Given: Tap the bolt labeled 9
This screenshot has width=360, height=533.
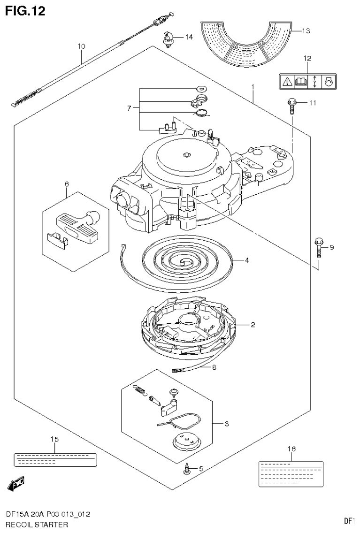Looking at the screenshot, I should coord(319,248).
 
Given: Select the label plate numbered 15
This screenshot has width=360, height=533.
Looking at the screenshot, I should coord(55,459).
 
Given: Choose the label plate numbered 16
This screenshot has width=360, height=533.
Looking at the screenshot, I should coord(291,473).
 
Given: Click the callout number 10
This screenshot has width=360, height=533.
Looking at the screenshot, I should coord(81,46).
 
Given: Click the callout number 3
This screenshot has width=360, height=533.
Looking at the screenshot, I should coord(227,424).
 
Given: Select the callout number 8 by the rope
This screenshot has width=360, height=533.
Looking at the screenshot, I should coord(214,368).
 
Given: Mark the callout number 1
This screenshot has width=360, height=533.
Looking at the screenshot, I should coord(253,87).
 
